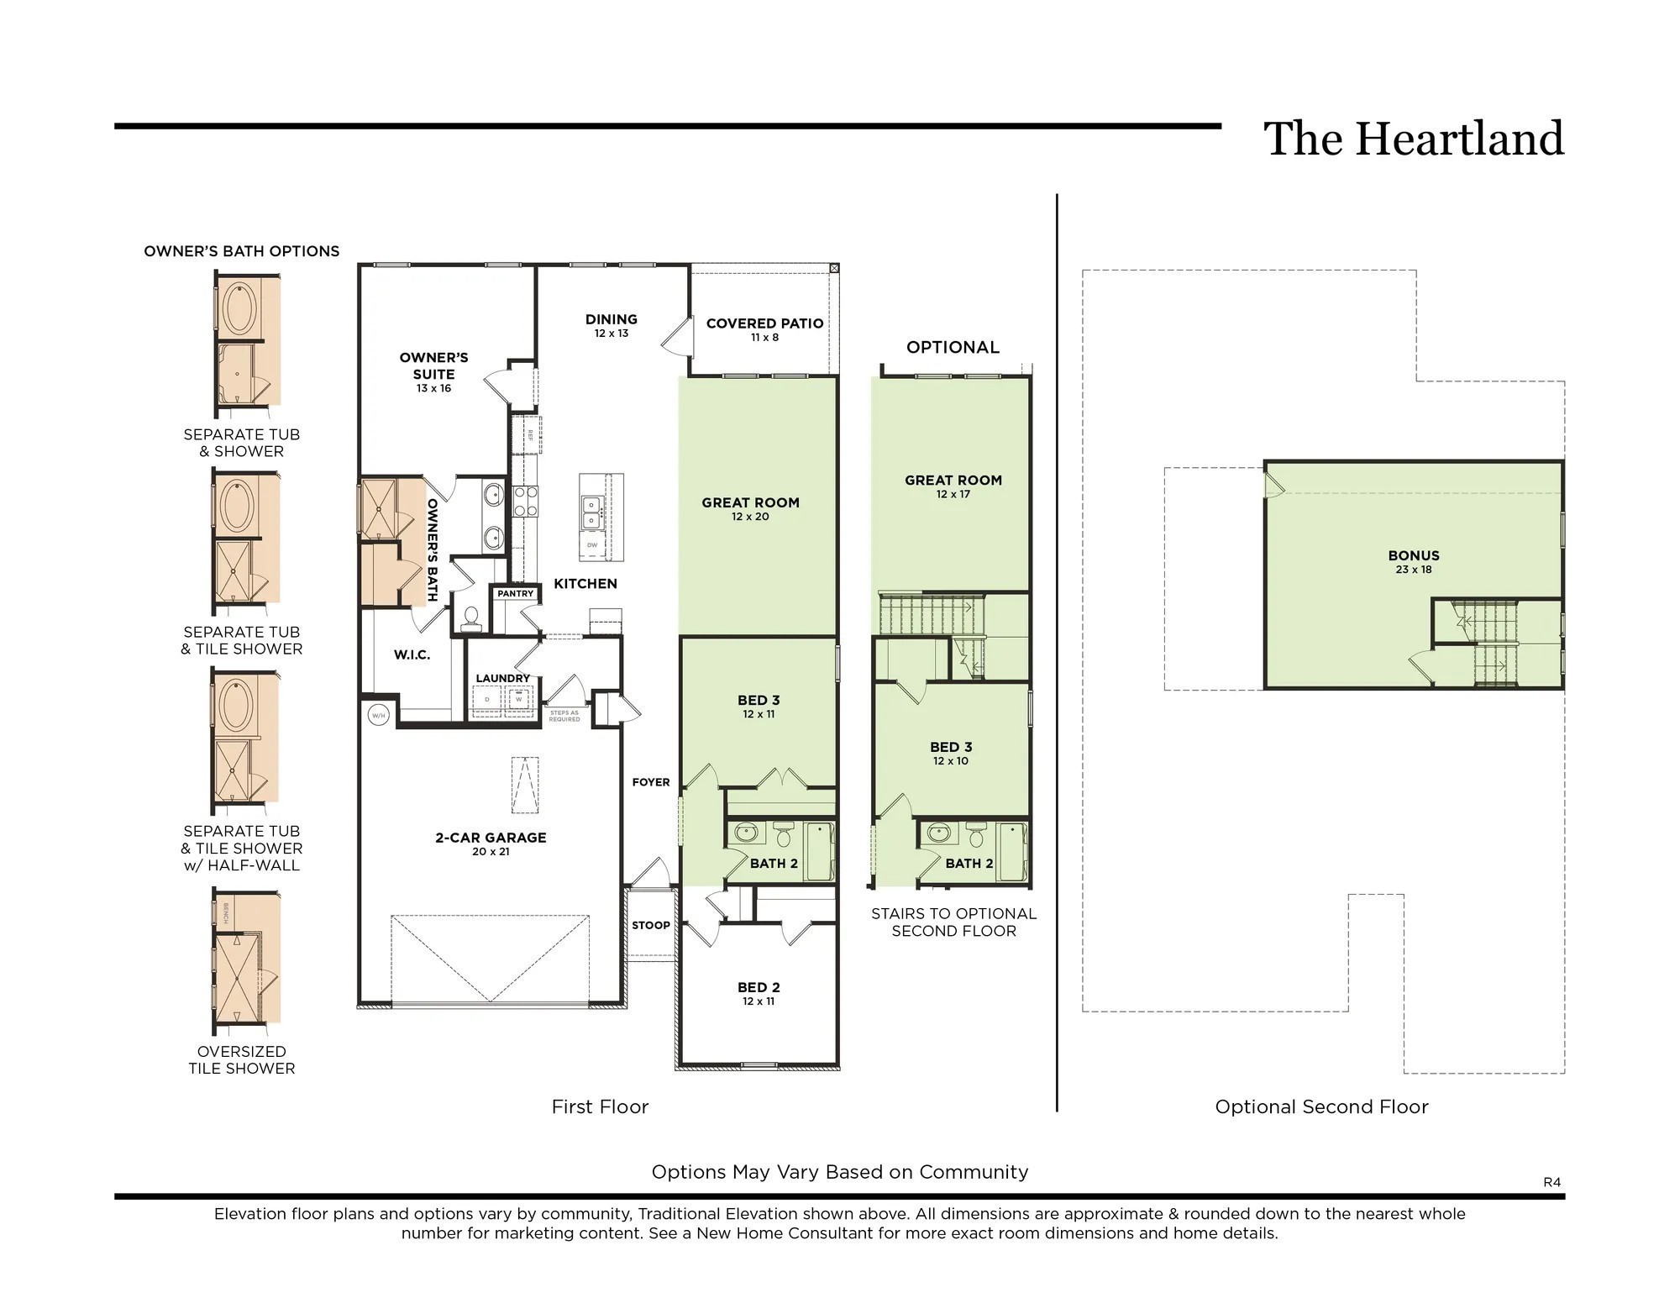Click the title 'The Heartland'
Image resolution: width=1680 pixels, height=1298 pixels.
(1413, 139)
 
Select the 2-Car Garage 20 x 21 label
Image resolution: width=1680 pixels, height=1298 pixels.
(491, 843)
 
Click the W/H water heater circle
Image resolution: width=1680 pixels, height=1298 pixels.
(378, 716)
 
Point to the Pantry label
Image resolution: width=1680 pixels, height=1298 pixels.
(515, 593)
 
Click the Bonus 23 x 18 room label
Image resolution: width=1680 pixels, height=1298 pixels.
(1414, 561)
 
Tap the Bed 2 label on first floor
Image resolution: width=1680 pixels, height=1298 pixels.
(759, 992)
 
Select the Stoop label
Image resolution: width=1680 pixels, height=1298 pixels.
(651, 925)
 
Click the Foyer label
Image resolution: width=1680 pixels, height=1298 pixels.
(651, 782)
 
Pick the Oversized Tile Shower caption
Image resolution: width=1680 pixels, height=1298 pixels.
(242, 1059)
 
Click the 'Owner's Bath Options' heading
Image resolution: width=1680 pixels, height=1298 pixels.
(242, 251)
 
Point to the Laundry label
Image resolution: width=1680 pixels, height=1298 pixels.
(502, 678)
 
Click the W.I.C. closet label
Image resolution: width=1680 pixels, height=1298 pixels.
(412, 655)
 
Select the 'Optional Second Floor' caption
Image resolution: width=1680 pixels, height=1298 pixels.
(1321, 1107)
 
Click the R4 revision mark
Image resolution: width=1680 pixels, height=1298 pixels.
(1551, 1182)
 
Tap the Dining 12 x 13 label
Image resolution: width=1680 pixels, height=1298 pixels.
(612, 324)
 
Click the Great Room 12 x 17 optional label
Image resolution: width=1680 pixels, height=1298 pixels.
(953, 486)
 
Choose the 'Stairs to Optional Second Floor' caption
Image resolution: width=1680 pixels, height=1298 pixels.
(953, 922)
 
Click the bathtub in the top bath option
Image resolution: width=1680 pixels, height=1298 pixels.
(239, 308)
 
